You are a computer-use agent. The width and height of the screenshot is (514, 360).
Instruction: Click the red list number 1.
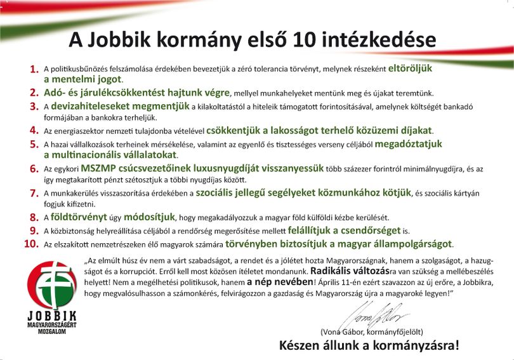[x=34, y=69]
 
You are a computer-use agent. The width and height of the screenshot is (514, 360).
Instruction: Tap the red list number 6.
[x=34, y=168]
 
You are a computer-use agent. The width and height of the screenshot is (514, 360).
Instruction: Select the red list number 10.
[x=32, y=244]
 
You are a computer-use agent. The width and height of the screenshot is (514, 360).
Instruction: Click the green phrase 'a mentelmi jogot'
[x=82, y=79]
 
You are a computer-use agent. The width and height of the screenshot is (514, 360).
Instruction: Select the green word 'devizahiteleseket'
[x=121, y=106]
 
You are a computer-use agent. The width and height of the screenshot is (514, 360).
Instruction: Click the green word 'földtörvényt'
[x=79, y=217]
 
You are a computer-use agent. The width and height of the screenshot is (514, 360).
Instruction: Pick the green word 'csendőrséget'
[x=371, y=230]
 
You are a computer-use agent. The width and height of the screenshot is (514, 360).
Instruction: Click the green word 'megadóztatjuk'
[x=409, y=144]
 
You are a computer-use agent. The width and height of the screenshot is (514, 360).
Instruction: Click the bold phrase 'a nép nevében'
[x=280, y=282]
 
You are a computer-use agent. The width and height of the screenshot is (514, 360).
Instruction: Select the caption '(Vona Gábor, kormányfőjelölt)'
[x=372, y=332]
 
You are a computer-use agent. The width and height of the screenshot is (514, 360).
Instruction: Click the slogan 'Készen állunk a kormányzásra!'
[x=369, y=345]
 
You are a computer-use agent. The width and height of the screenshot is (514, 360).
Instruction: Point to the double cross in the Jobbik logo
[x=54, y=284]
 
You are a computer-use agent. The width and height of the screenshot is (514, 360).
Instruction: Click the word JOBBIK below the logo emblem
[x=52, y=316]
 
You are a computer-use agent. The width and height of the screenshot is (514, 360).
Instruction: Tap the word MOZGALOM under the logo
[x=52, y=331]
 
